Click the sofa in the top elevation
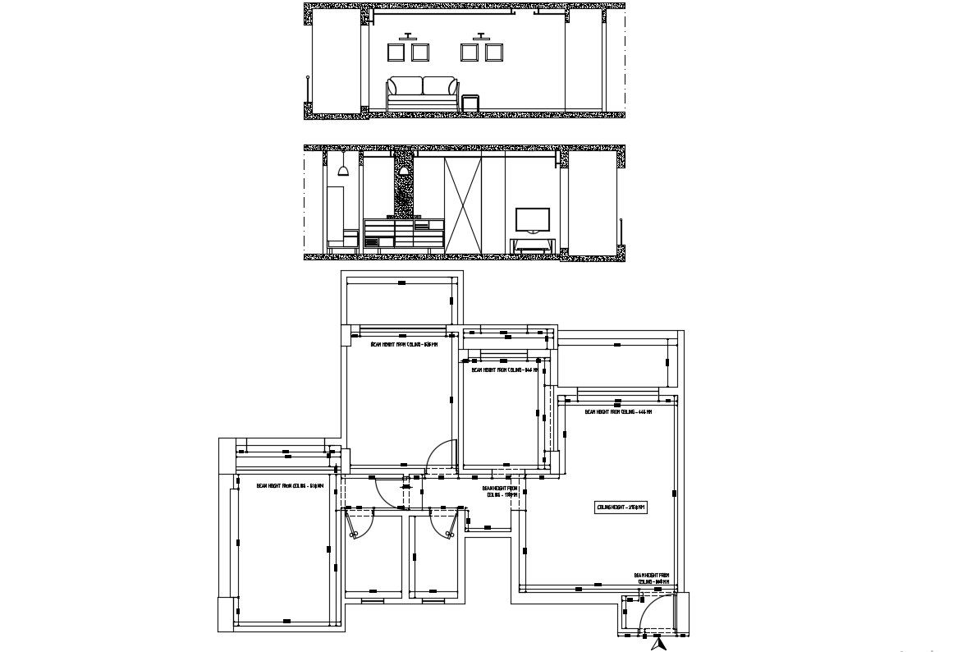[422, 94]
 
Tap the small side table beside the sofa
[470, 103]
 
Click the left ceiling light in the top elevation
[408, 36]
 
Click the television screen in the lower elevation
[533, 220]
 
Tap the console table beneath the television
[533, 245]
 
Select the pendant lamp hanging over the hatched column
[403, 170]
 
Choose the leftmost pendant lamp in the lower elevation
[343, 170]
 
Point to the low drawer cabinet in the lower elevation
[402, 235]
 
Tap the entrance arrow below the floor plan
[657, 645]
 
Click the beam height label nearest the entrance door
[652, 579]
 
